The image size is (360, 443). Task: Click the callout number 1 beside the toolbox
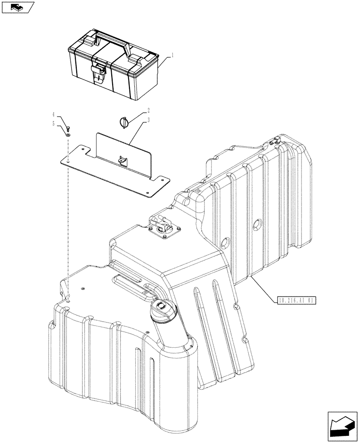[172, 56]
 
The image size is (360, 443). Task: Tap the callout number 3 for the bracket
[149, 120]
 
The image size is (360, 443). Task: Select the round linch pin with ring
[123, 122]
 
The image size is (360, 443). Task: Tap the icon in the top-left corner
[17, 6]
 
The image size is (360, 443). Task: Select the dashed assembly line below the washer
[67, 213]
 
